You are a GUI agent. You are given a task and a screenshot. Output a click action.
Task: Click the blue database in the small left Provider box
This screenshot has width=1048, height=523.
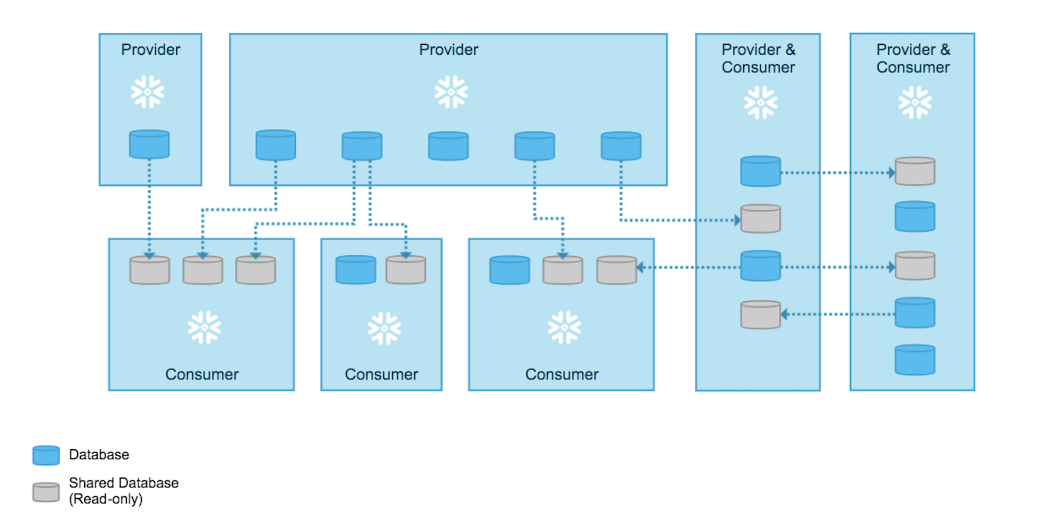pyautogui.click(x=149, y=145)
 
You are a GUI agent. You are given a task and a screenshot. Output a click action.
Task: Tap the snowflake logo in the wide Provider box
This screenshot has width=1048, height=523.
pyautogui.click(x=451, y=92)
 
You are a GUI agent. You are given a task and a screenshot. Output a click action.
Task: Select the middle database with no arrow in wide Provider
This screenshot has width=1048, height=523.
pyautogui.click(x=448, y=146)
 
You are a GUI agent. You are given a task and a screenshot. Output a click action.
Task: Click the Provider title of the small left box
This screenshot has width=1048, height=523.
pyautogui.click(x=151, y=50)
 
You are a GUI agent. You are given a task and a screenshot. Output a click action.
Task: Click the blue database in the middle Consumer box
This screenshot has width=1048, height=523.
pyautogui.click(x=356, y=270)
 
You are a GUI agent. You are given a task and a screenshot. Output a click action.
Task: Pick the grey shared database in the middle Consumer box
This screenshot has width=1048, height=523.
pyautogui.click(x=406, y=270)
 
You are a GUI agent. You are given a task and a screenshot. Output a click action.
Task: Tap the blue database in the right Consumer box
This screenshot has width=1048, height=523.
pyautogui.click(x=510, y=270)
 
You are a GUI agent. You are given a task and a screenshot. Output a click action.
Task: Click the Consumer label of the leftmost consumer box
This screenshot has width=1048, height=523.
pyautogui.click(x=202, y=374)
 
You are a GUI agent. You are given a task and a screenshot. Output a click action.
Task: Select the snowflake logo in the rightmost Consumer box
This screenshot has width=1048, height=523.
pyautogui.click(x=565, y=327)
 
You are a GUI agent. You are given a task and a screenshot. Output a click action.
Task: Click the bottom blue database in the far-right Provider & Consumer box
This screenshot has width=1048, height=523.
pyautogui.click(x=915, y=360)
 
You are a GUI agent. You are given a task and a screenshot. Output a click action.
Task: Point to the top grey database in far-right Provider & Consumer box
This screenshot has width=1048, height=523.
pyautogui.click(x=915, y=171)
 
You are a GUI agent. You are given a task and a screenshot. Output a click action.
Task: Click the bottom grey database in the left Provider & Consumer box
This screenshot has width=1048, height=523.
pyautogui.click(x=761, y=315)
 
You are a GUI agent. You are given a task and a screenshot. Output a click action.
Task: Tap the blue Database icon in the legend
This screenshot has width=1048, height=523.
pyautogui.click(x=46, y=455)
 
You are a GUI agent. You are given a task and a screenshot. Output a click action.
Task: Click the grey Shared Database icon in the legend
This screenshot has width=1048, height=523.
pyautogui.click(x=46, y=492)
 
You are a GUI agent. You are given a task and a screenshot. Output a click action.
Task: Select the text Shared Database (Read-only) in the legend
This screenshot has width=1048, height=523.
pyautogui.click(x=123, y=491)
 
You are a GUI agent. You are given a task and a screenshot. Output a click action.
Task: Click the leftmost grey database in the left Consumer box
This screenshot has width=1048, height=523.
pyautogui.click(x=150, y=270)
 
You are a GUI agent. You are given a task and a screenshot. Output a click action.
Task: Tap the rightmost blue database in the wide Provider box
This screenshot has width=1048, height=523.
pyautogui.click(x=621, y=146)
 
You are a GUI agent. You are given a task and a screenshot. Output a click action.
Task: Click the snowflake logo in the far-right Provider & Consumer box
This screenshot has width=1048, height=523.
pyautogui.click(x=915, y=102)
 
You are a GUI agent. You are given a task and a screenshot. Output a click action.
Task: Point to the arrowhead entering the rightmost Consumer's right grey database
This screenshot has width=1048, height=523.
pyautogui.click(x=640, y=267)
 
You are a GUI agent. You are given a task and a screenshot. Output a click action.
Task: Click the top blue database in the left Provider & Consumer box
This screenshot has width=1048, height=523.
pyautogui.click(x=761, y=171)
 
